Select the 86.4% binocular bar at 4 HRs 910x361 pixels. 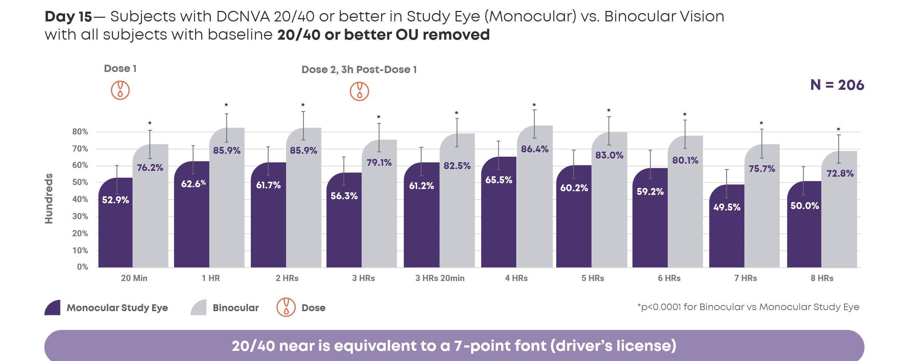[535, 204]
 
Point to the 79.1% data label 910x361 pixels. [379, 163]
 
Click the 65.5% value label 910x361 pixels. [499, 180]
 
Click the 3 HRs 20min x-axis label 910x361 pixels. [440, 278]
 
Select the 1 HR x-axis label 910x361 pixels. [211, 278]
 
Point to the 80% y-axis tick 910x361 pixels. [80, 132]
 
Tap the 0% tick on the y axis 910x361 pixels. [82, 267]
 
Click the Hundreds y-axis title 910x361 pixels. [49, 198]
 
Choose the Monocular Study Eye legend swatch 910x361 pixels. [53, 308]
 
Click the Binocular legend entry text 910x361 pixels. [236, 308]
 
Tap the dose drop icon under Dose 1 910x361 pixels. [120, 90]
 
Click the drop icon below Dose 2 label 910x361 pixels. [359, 91]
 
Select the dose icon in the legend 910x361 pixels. [286, 307]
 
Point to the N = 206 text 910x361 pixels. [837, 85]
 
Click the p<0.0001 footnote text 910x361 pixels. [748, 307]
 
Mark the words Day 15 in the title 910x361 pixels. [68, 17]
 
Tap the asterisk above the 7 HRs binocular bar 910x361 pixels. [761, 123]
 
